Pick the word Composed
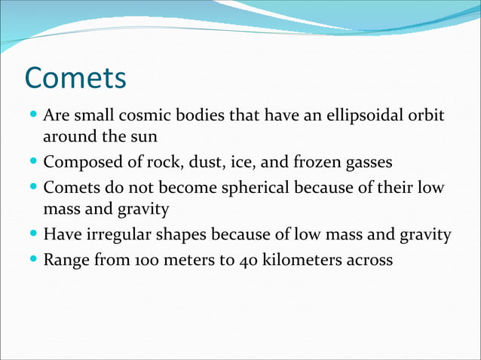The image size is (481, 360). tap(78, 162)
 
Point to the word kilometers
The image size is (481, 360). tap(296, 260)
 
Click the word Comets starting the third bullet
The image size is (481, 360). tap(70, 186)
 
